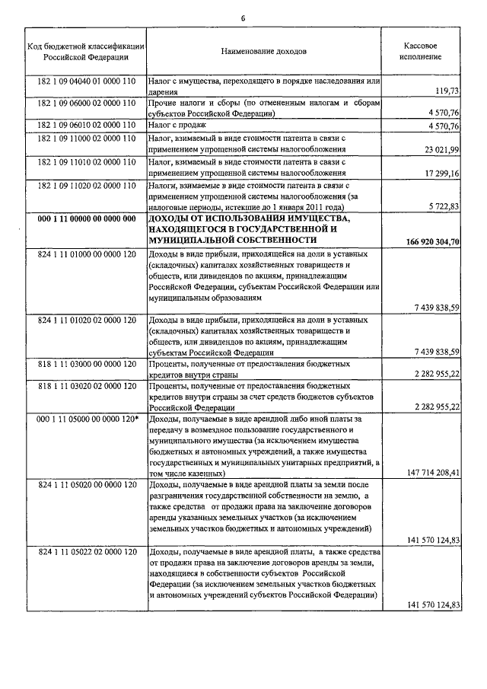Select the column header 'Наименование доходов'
pos(263,52)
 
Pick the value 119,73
pos(445,91)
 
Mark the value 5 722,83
pos(441,207)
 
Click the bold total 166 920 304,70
pos(428,241)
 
